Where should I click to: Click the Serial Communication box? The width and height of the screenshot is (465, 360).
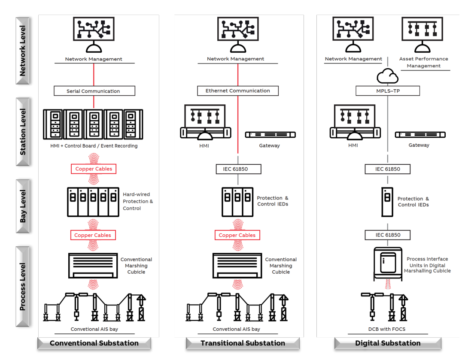94,91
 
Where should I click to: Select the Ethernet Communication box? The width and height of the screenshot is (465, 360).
237,91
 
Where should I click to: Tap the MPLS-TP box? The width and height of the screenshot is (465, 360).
387,91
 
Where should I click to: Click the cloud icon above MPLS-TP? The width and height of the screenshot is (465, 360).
387,76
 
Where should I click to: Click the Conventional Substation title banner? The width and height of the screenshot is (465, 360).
94,343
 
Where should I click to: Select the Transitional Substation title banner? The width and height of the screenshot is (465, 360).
243,343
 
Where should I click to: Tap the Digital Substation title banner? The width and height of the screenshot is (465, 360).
388,343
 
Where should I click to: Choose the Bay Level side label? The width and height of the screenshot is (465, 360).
23,206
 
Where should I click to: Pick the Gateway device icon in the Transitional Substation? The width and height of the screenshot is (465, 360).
270,135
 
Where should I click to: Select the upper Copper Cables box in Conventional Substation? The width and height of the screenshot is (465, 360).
94,169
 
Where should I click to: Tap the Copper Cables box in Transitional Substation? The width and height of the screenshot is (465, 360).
237,235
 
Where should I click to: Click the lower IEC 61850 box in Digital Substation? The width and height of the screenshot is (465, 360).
387,235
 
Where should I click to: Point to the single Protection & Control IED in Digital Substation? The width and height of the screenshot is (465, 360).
387,201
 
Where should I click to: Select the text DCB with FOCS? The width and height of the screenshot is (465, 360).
387,329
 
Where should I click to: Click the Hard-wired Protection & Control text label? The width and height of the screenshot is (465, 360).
137,201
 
